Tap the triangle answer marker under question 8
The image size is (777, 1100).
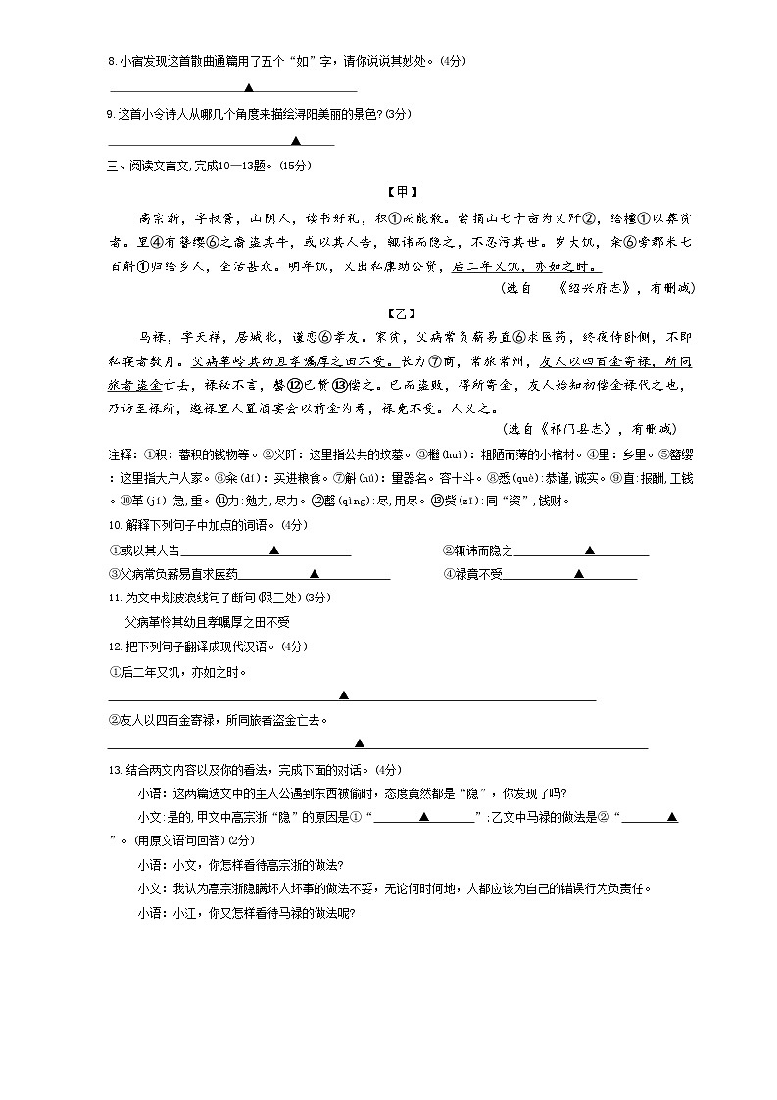tap(251, 88)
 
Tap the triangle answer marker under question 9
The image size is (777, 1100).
tap(295, 141)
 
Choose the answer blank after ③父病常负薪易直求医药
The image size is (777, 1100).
tap(315, 574)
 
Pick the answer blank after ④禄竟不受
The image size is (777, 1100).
tap(578, 574)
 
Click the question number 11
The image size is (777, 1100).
tap(113, 598)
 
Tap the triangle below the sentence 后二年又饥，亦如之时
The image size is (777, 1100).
tap(344, 695)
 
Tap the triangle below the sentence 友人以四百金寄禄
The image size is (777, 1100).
tap(360, 743)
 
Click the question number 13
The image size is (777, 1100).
tap(113, 769)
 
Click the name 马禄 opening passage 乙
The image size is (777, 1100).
tap(152, 338)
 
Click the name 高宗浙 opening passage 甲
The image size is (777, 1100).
tap(161, 216)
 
